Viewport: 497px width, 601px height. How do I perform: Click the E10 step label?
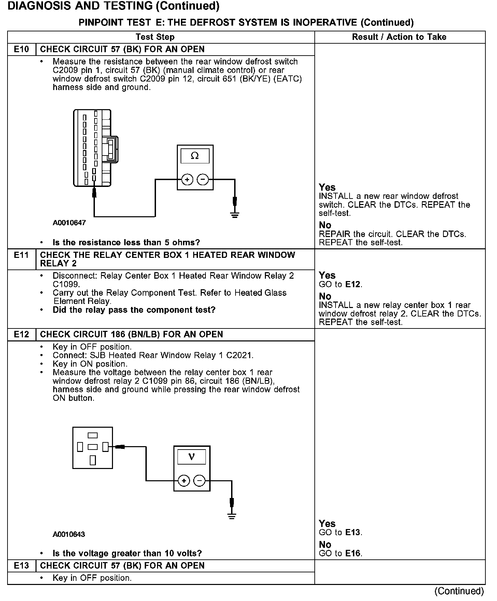pos(21,49)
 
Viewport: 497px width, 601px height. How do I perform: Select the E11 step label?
pos(21,255)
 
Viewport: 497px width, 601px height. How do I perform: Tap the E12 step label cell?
pos(21,335)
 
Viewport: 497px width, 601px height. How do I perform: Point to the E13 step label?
pos(21,566)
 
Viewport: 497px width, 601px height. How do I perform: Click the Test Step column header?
pos(155,37)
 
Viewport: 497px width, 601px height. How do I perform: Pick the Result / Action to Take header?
pos(399,37)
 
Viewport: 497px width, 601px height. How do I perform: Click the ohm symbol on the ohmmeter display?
pos(195,156)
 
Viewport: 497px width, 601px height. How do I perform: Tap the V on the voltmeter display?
pos(191,457)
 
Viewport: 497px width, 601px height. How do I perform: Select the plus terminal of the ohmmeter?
pos(187,179)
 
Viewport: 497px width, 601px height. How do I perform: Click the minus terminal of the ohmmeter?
pos(203,179)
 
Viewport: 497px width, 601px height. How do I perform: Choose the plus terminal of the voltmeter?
pos(184,481)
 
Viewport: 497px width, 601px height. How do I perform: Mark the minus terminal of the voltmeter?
pos(199,481)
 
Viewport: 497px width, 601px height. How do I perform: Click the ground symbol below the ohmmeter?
pos(235,215)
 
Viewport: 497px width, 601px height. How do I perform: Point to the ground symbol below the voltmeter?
pos(232,516)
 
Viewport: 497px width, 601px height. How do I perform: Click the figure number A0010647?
pos(69,223)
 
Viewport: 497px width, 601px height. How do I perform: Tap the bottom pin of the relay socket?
pos(93,460)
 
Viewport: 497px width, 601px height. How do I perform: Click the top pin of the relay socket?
pos(93,436)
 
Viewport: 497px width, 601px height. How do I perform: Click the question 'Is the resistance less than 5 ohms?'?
pos(126,243)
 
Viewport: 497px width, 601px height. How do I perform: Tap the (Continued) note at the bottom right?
pos(459,591)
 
